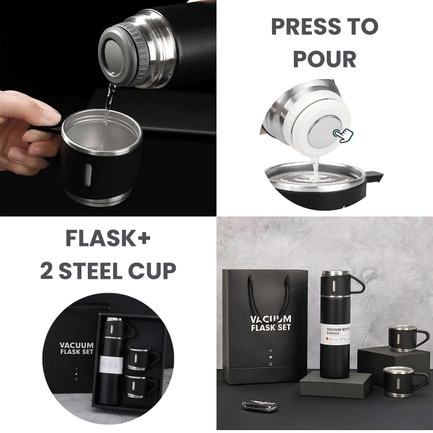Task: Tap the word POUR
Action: (324, 58)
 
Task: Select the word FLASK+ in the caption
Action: (108, 238)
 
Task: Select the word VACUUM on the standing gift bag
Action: (271, 319)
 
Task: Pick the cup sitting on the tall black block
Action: (408, 337)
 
